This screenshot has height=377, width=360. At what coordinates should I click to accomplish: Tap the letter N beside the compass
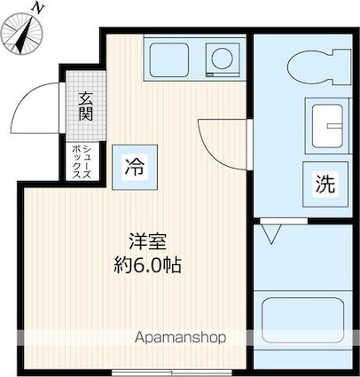click(37, 8)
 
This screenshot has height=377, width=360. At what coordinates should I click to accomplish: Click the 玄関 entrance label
click(85, 106)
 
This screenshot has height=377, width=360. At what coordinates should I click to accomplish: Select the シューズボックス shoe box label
click(82, 161)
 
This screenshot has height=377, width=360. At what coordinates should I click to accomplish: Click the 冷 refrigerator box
click(135, 167)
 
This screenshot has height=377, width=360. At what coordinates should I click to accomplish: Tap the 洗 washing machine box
click(325, 185)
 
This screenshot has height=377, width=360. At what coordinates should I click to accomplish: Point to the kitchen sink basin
click(169, 59)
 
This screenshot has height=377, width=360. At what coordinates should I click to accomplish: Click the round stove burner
click(223, 59)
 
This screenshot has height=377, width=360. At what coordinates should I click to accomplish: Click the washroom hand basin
click(327, 126)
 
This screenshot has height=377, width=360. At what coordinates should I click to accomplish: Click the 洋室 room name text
click(148, 242)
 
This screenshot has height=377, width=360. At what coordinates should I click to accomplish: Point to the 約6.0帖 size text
click(148, 265)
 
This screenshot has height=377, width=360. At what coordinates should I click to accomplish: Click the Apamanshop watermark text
click(180, 338)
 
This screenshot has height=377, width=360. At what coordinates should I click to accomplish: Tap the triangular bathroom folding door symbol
click(271, 234)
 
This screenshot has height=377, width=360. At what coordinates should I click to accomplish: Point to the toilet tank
click(342, 67)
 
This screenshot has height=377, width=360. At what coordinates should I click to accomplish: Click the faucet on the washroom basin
click(334, 126)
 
